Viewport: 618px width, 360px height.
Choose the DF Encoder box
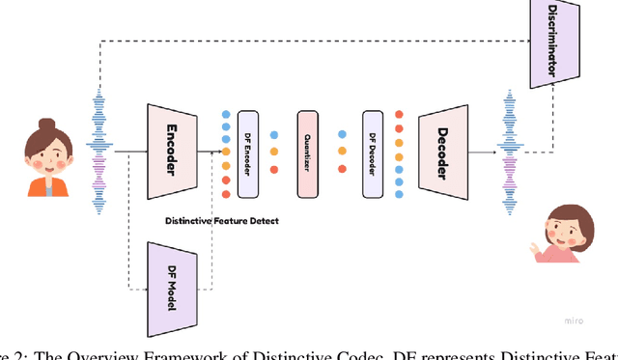(x=248, y=150)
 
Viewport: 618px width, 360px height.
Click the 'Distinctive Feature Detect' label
(x=223, y=221)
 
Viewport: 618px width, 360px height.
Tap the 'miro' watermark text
(x=572, y=318)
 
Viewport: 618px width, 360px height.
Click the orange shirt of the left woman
(x=44, y=186)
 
